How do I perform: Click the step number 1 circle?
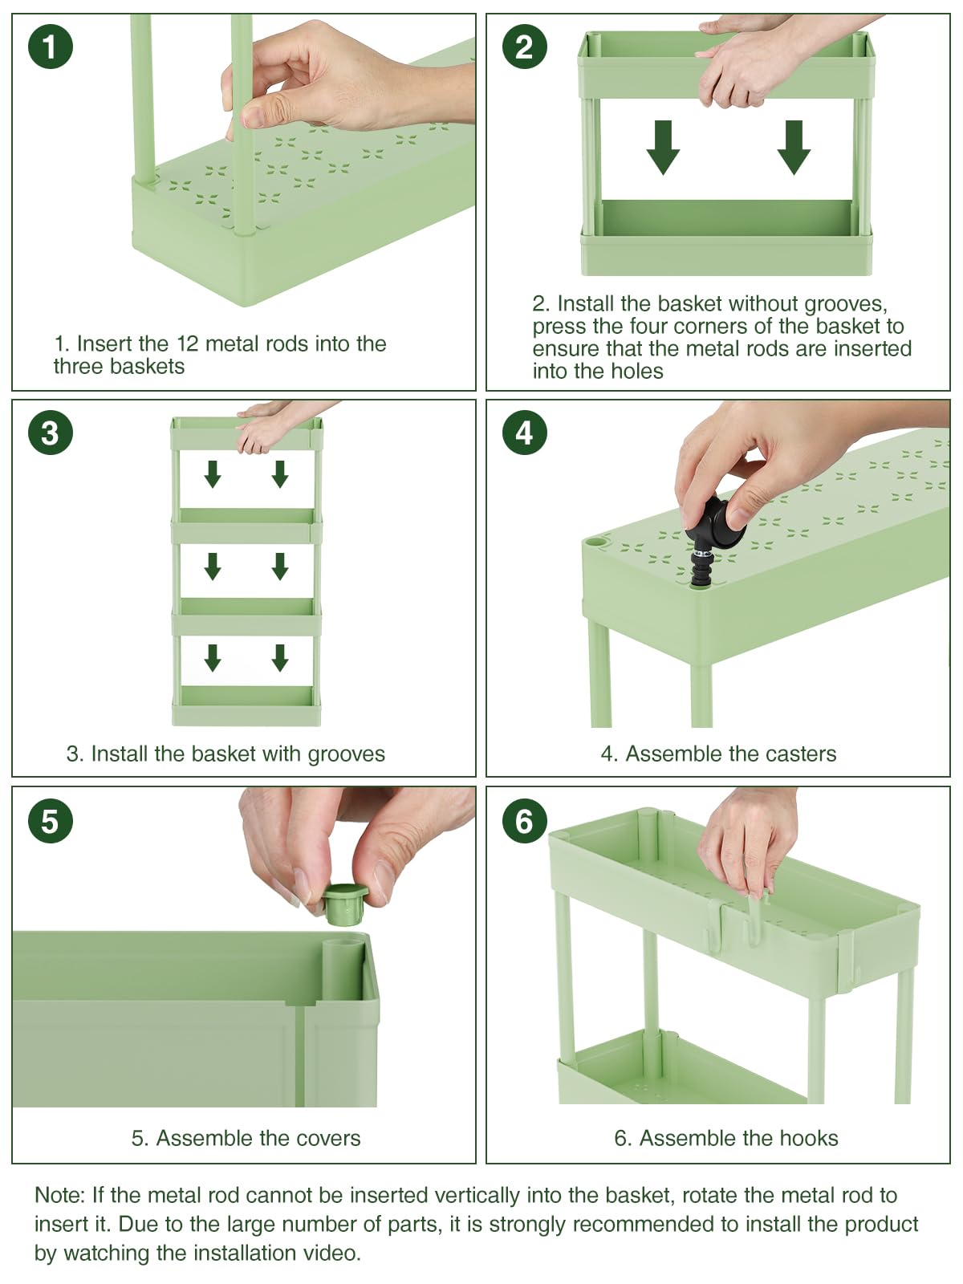click(51, 47)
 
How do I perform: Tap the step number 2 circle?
click(525, 47)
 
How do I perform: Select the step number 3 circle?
click(51, 433)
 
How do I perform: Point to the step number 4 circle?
click(525, 433)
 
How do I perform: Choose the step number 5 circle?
click(51, 820)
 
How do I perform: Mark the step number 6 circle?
click(525, 820)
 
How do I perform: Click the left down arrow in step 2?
click(663, 148)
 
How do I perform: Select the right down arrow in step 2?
click(794, 148)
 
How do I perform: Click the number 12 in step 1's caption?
click(188, 344)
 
